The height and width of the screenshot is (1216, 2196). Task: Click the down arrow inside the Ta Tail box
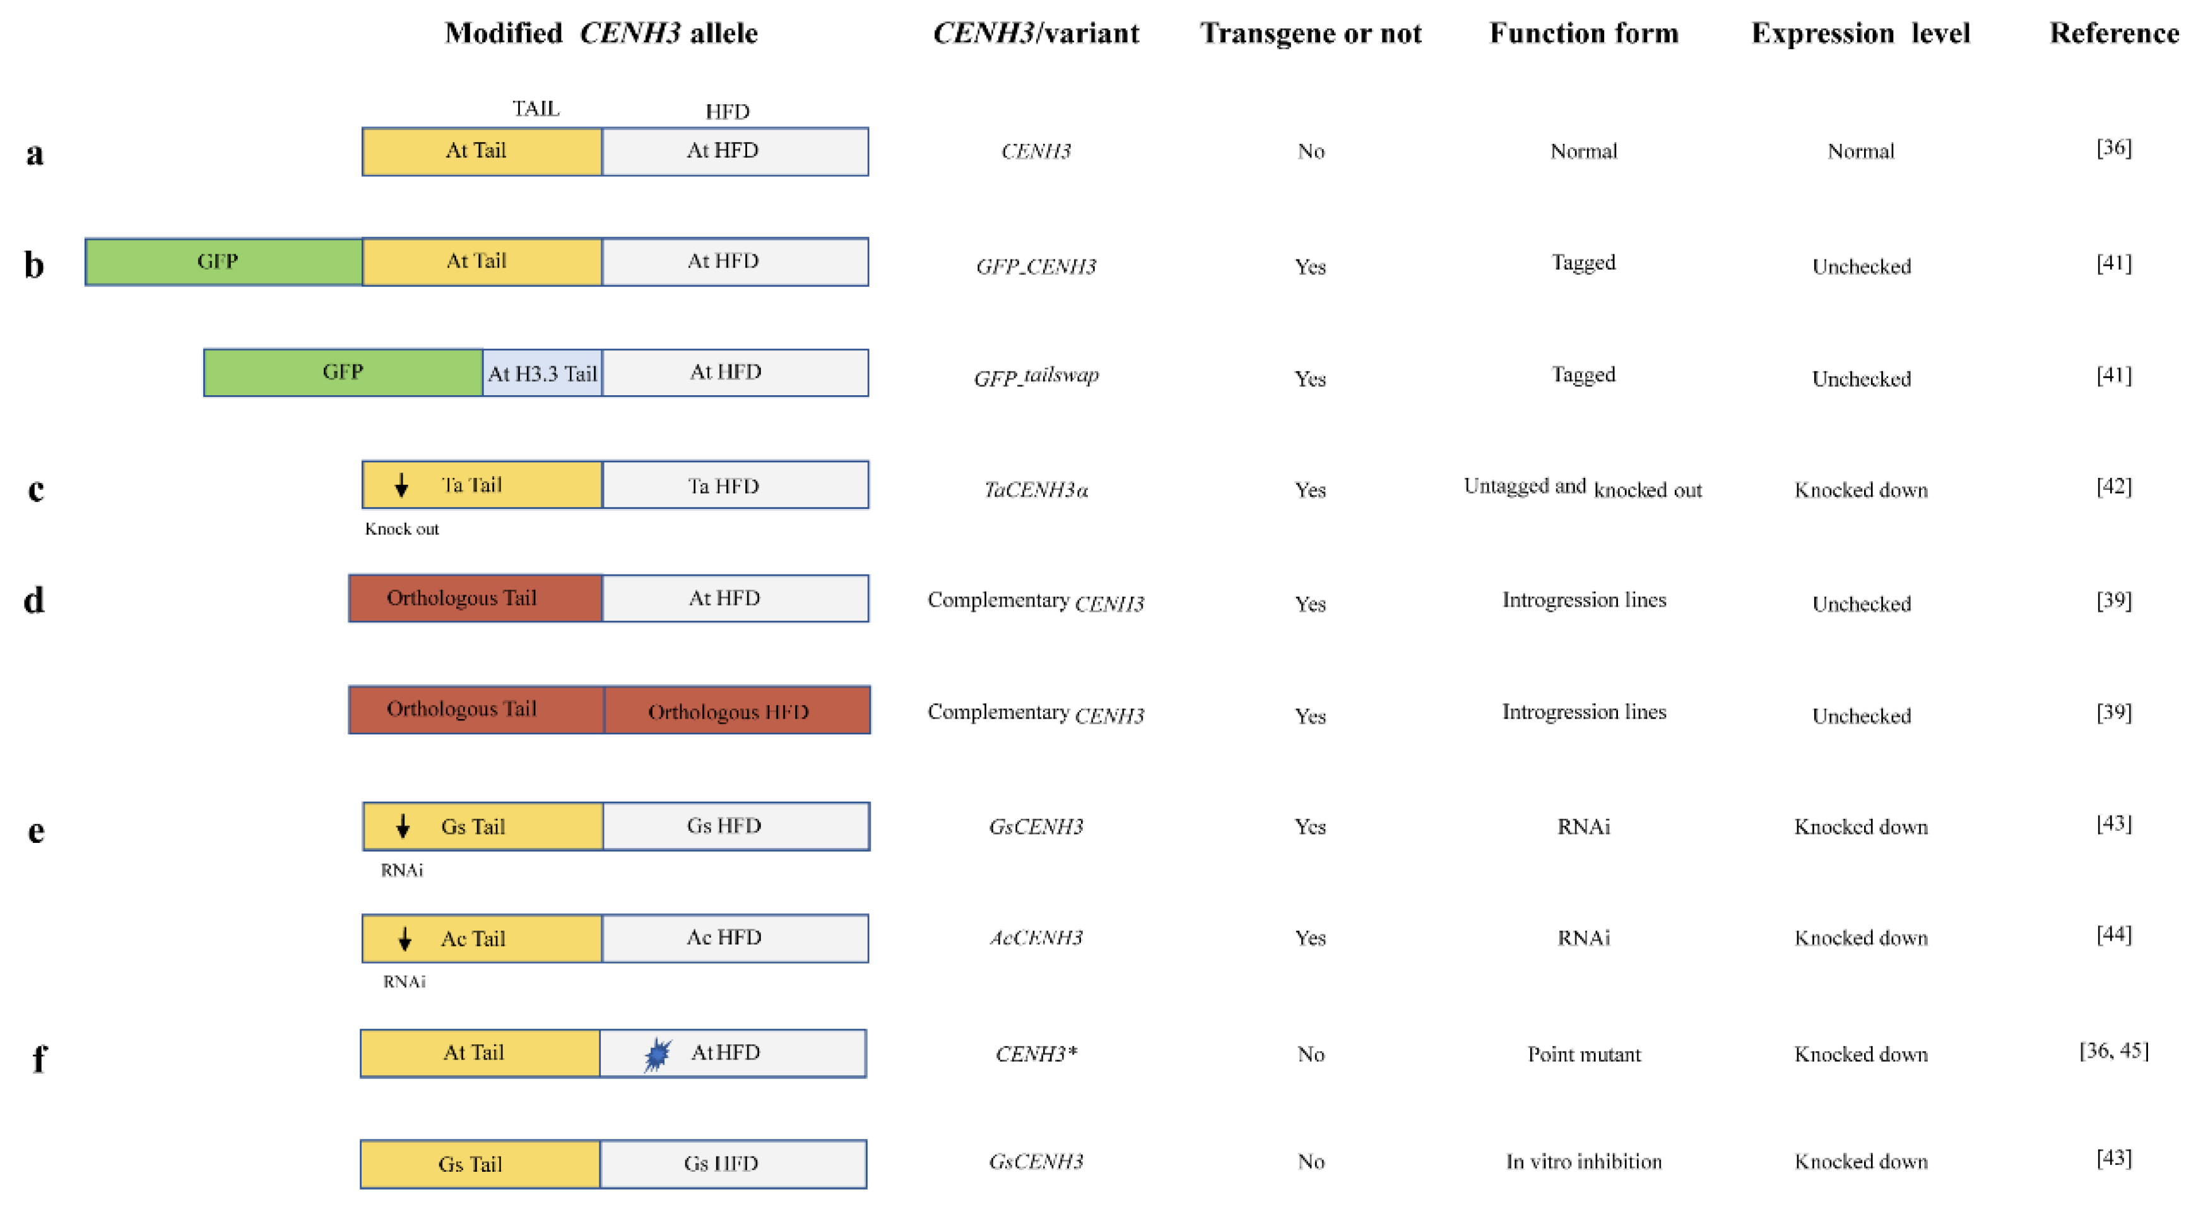click(x=401, y=486)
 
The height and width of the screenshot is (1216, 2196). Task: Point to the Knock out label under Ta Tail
click(x=401, y=528)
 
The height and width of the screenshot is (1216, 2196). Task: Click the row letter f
click(x=38, y=1058)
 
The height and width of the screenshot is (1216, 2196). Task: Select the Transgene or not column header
click(x=1310, y=33)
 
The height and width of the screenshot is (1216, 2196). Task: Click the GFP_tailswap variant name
click(x=1036, y=376)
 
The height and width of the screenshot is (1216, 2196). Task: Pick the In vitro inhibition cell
click(x=1583, y=1162)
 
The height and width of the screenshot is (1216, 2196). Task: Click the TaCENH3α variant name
click(x=1036, y=489)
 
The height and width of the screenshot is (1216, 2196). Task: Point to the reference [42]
click(x=2113, y=486)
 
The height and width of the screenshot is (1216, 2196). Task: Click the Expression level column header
click(x=1860, y=33)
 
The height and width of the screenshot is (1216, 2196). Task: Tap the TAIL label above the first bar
click(x=535, y=109)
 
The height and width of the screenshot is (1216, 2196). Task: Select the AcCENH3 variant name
click(x=1036, y=938)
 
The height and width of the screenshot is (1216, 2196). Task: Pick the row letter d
click(x=34, y=600)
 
